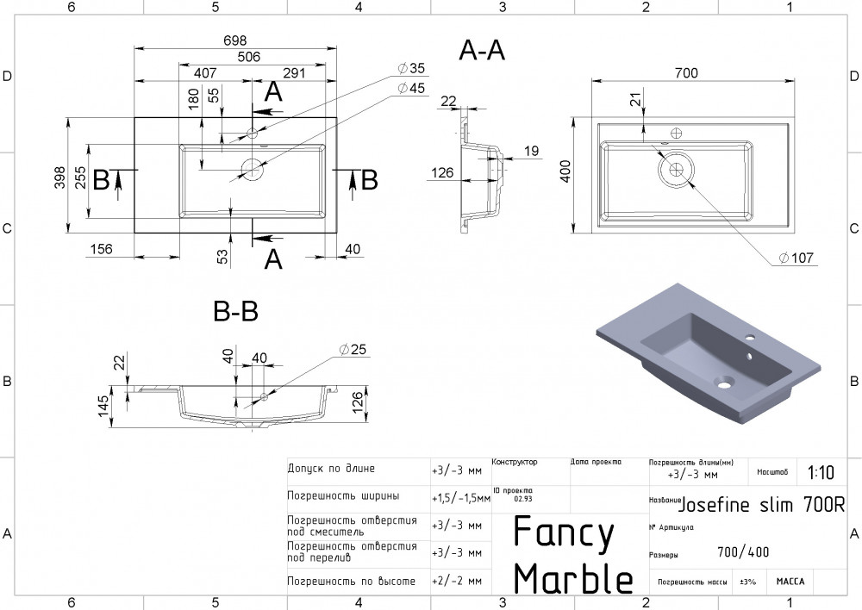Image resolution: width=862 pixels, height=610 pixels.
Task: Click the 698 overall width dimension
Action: point(235,40)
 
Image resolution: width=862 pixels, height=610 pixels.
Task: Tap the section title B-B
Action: point(235,311)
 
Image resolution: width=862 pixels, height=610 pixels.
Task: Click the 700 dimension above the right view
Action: point(685,73)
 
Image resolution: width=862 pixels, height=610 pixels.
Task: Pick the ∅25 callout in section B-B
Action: point(353,349)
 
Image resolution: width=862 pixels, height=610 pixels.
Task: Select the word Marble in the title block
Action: point(573,578)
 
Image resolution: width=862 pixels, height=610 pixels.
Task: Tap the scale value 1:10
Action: point(821,473)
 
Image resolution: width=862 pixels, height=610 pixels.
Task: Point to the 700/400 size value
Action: point(743,552)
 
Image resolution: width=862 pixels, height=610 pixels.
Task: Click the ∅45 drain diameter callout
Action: point(411,88)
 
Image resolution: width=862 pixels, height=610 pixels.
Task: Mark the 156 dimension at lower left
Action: point(102,249)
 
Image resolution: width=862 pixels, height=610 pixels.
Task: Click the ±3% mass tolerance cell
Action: point(747,582)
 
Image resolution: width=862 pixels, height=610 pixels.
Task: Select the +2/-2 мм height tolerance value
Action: point(456,582)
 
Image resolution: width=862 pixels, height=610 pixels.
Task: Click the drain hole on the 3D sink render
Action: point(721,379)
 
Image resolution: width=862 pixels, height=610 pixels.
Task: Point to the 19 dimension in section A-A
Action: point(531,152)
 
